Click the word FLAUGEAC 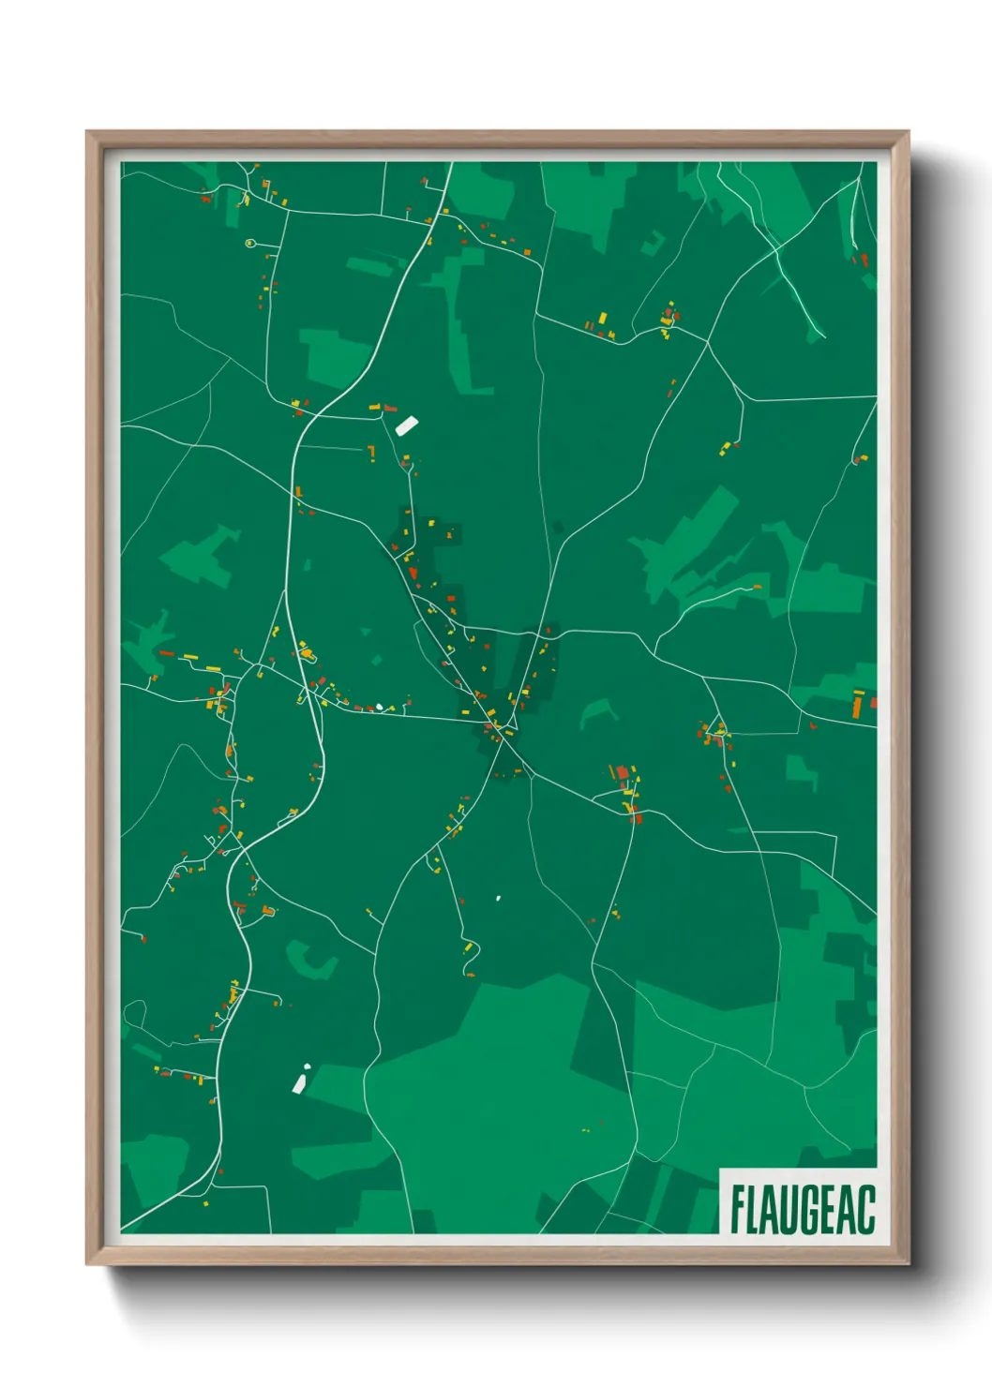802,1209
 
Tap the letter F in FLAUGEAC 738,1209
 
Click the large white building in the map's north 406,425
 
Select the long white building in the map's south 299,1084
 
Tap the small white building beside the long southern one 306,1067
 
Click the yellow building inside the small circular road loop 249,244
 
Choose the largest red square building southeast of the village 622,773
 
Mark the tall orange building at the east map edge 857,705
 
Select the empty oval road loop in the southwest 134,1013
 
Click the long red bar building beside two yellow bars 166,653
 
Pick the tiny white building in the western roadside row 379,707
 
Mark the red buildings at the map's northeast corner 860,259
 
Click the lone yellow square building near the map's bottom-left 206,1202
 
